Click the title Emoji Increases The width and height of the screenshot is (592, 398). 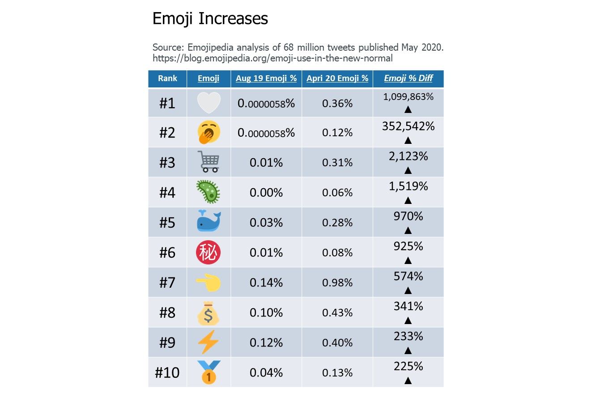tap(210, 19)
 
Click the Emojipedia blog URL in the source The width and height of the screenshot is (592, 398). tap(273, 58)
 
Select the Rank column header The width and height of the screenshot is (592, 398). tap(167, 78)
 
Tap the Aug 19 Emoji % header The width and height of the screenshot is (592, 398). tap(266, 78)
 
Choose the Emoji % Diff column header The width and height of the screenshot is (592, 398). tap(408, 78)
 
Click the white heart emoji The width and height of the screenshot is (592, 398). tap(209, 103)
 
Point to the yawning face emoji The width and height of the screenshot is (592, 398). tap(209, 132)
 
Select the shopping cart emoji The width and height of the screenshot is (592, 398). tap(209, 162)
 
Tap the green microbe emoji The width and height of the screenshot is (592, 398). tap(209, 192)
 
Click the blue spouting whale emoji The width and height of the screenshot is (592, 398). tap(209, 222)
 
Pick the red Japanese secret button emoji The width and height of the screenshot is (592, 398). tap(209, 252)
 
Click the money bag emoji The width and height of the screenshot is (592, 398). tap(209, 313)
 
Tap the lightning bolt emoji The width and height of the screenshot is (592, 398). tap(209, 343)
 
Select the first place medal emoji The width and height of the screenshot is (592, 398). tap(209, 372)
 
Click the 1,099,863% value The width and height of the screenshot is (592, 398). tap(408, 97)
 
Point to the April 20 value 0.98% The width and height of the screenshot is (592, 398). tap(337, 283)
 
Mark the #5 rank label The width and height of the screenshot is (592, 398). tap(167, 223)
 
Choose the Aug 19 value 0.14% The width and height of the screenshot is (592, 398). tap(266, 283)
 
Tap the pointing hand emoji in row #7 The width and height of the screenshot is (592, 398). tap(209, 282)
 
